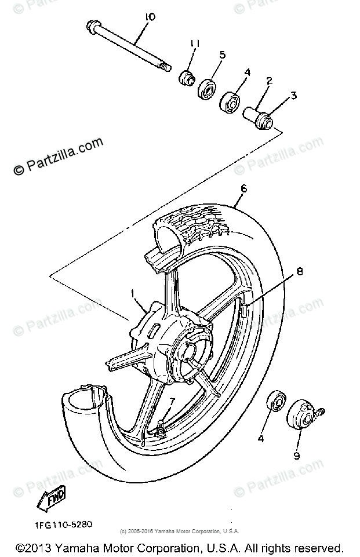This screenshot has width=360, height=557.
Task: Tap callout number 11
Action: coord(194,43)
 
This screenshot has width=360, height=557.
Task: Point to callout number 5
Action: coord(221,55)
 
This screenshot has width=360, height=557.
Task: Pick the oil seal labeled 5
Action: coord(207,90)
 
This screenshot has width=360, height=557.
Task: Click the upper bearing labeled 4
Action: coord(230,103)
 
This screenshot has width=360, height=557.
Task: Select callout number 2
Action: coord(268,81)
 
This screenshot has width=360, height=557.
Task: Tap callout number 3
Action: coord(293,95)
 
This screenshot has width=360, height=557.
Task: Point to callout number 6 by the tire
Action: coord(243,188)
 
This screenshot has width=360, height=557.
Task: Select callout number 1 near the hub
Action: coord(134,294)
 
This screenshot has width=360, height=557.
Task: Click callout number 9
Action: coord(297,456)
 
